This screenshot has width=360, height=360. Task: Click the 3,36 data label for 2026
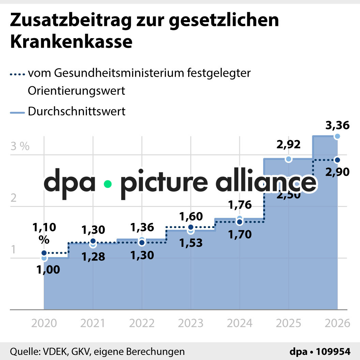[337, 125]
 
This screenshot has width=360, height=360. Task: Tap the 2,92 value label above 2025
[288, 145]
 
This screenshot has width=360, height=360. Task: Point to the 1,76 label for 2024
[240, 205]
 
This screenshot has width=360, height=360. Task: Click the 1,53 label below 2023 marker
[191, 243]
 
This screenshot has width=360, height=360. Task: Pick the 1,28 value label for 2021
[93, 256]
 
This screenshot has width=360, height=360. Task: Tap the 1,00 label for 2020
[48, 270]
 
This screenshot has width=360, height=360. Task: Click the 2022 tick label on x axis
[142, 323]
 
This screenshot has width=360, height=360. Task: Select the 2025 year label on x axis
[288, 323]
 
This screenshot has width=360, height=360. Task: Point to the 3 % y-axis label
[20, 147]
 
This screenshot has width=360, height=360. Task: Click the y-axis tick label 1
[14, 250]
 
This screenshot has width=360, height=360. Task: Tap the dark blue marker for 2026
[337, 160]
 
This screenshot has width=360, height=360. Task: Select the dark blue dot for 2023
[191, 227]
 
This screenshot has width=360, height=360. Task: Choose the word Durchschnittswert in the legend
[77, 111]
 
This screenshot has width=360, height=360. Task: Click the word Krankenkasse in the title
[71, 42]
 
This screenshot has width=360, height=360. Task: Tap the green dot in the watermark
[108, 184]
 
